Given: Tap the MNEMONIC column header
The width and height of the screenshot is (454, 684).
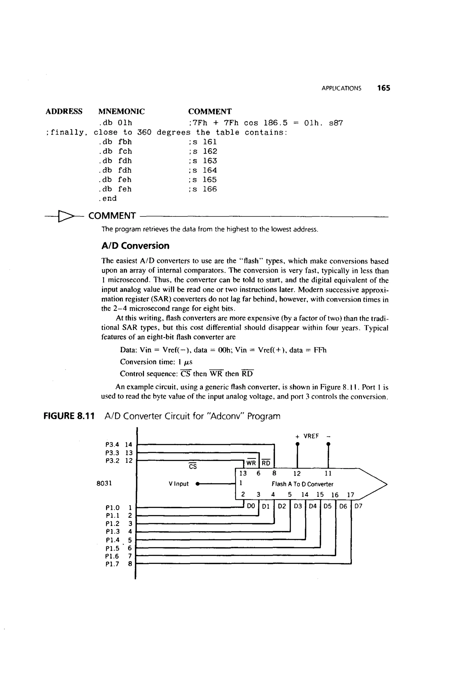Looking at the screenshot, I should [x=121, y=112].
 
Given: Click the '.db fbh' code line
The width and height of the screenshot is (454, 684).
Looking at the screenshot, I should [x=115, y=142].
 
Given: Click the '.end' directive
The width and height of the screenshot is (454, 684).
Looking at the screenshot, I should [x=108, y=199].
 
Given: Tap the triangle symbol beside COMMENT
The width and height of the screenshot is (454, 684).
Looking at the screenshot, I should [x=65, y=216].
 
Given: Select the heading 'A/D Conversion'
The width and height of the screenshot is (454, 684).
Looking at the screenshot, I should [x=135, y=246].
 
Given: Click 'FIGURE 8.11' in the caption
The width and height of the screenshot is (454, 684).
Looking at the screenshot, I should [x=69, y=416].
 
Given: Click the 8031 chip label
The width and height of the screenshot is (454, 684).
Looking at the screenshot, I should [x=104, y=483].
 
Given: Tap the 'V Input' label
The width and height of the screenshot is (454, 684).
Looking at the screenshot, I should [x=179, y=484].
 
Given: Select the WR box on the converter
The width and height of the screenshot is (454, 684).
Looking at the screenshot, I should [x=251, y=463].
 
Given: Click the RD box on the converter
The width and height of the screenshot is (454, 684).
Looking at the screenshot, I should [x=266, y=463].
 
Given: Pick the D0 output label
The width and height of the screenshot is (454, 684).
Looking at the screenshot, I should [x=251, y=506].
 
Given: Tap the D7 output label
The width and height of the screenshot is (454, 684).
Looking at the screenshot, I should [x=358, y=506].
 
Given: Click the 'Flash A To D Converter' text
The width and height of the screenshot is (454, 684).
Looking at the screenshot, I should [x=302, y=484].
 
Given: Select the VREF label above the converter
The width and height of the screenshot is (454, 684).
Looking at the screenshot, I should [x=311, y=436].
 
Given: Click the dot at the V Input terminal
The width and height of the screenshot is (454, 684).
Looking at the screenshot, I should [x=197, y=484].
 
